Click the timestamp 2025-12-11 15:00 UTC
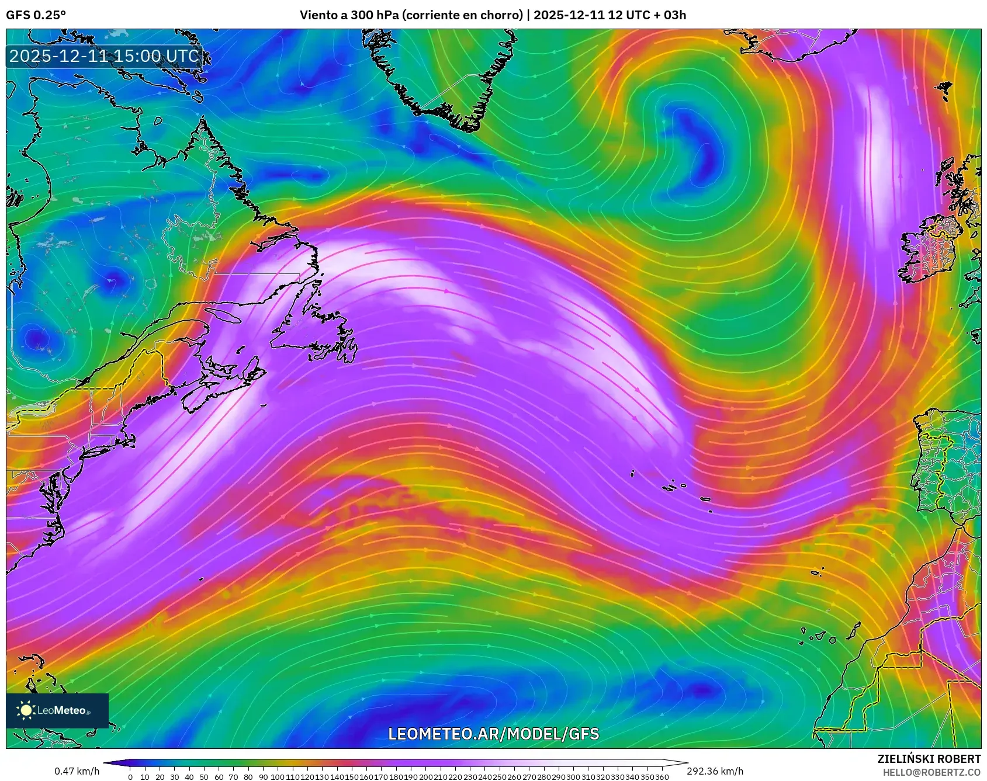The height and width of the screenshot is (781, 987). click(104, 56)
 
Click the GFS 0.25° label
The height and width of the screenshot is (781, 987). click(36, 15)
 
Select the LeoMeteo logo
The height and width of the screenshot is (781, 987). click(57, 710)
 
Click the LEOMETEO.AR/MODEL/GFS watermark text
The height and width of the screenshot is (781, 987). click(494, 734)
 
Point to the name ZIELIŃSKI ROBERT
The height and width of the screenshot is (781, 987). click(929, 759)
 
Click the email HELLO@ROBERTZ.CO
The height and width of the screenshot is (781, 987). click(931, 772)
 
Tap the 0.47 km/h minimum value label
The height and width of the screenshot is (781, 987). click(77, 771)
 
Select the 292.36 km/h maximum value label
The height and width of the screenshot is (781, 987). click(715, 771)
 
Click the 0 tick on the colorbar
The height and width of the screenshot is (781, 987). click(130, 777)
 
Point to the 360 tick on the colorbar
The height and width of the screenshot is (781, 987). click(662, 777)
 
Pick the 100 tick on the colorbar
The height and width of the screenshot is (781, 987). click(278, 777)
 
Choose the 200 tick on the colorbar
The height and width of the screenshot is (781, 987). click(425, 777)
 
